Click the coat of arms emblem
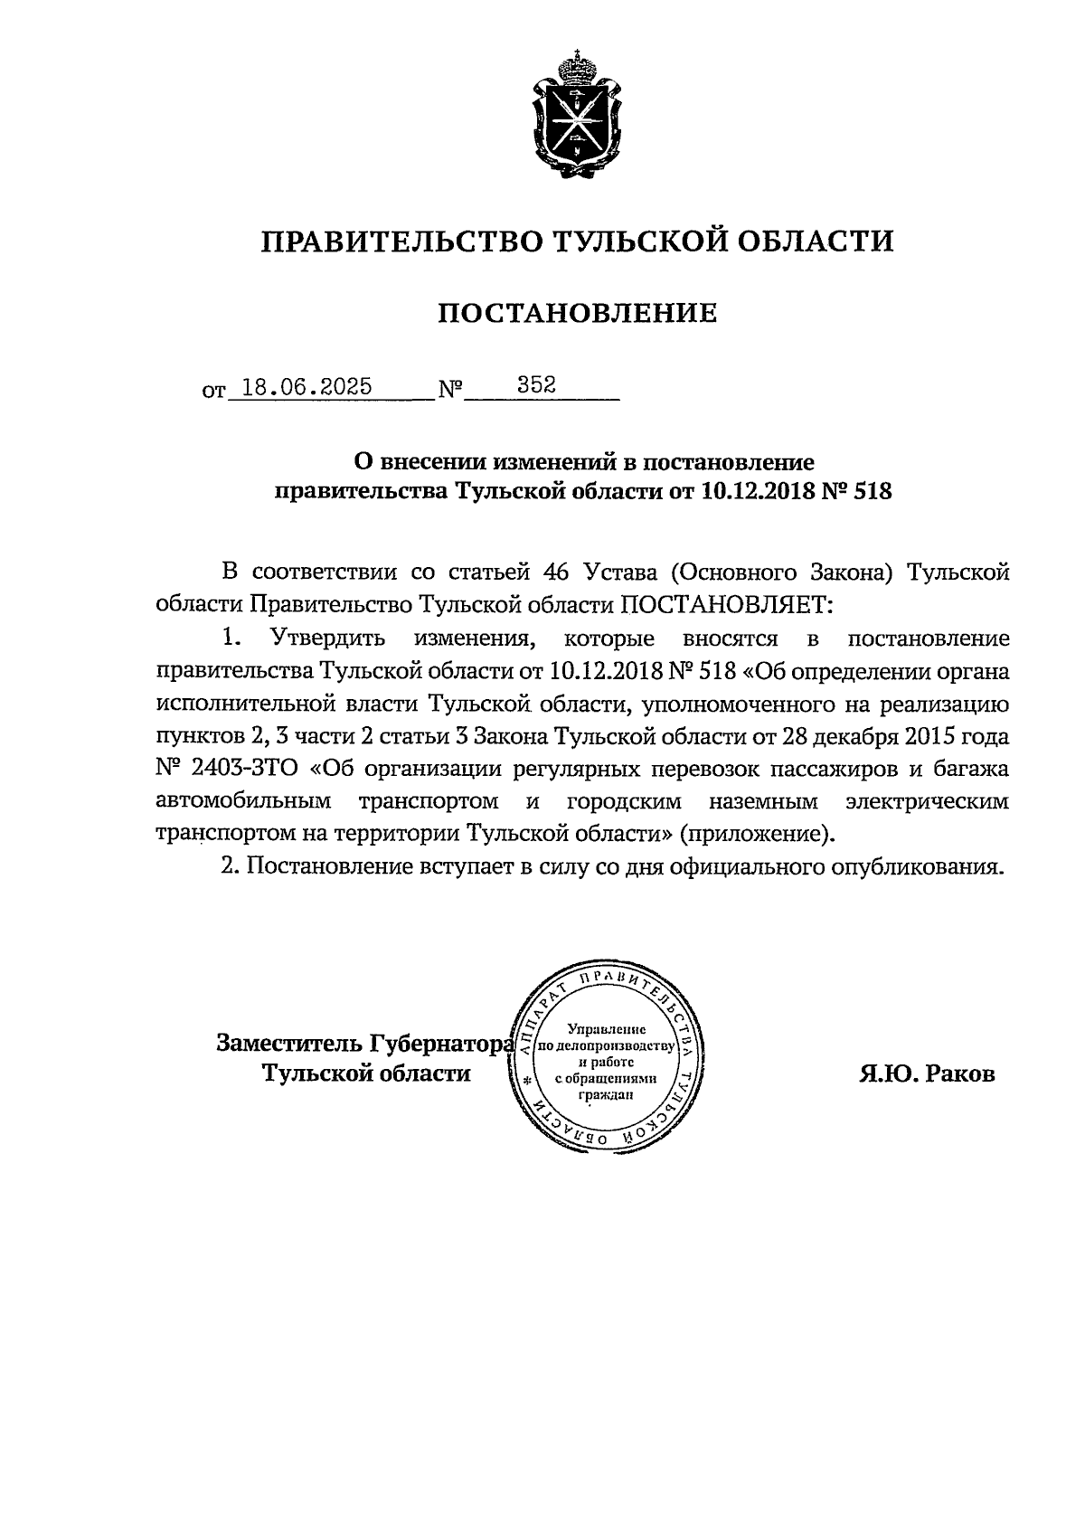576,115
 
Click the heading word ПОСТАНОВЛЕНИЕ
578,314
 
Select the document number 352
535,386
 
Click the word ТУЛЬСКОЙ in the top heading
637,241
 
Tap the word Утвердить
328,638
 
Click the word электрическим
927,802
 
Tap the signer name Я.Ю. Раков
928,1073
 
